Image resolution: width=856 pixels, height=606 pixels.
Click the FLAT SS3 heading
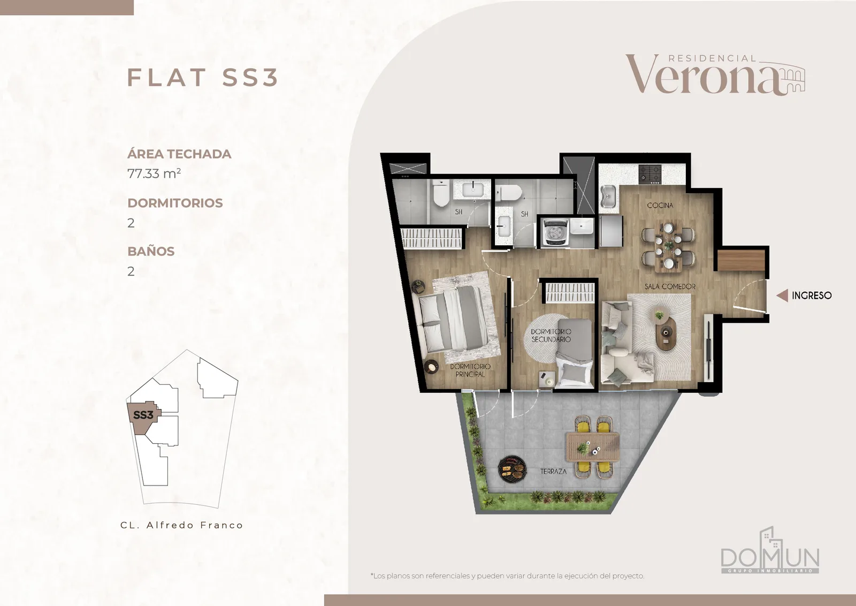[x=203, y=77]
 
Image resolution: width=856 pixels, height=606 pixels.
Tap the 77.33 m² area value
[x=154, y=173]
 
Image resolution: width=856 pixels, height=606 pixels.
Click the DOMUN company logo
[x=770, y=551]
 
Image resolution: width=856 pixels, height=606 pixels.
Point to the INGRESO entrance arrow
[x=782, y=295]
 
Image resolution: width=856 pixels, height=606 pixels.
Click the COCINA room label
[x=660, y=206]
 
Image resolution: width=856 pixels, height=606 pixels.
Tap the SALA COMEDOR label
[x=670, y=286]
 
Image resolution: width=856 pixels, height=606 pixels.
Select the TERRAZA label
[x=553, y=472]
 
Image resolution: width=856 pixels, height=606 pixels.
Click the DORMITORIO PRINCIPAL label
[x=470, y=370]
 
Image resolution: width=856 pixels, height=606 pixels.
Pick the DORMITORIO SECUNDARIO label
[x=551, y=335]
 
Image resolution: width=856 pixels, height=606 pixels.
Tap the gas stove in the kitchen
[x=649, y=173]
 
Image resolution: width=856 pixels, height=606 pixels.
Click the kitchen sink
[x=608, y=199]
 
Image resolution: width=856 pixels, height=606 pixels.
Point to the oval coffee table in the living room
[x=666, y=332]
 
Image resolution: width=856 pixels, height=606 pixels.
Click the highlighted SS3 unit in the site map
[x=143, y=416]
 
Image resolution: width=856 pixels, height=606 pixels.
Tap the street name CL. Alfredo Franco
[x=182, y=525]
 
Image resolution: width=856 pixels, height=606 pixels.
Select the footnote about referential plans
[x=507, y=576]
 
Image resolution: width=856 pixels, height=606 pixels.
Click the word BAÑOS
[x=151, y=251]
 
